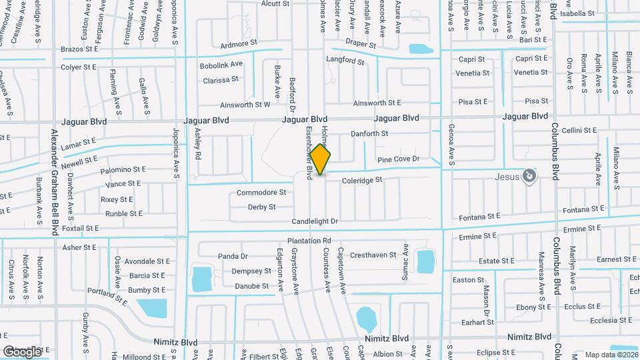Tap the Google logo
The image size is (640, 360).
click(22, 351)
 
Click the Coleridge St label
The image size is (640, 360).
click(361, 180)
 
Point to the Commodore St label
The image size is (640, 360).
click(261, 193)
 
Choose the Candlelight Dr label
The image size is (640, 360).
click(315, 221)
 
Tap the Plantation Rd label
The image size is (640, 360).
click(309, 241)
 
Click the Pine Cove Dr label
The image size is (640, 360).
click(398, 159)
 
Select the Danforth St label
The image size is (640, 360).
click(370, 134)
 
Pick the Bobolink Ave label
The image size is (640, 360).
click(222, 65)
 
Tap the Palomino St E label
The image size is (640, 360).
click(123, 171)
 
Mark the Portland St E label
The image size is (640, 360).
click(107, 297)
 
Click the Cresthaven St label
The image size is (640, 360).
click(374, 255)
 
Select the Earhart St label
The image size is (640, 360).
click(477, 322)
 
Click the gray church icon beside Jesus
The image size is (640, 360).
click(529, 175)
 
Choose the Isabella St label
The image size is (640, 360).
click(577, 13)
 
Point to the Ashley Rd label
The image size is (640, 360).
click(197, 143)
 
